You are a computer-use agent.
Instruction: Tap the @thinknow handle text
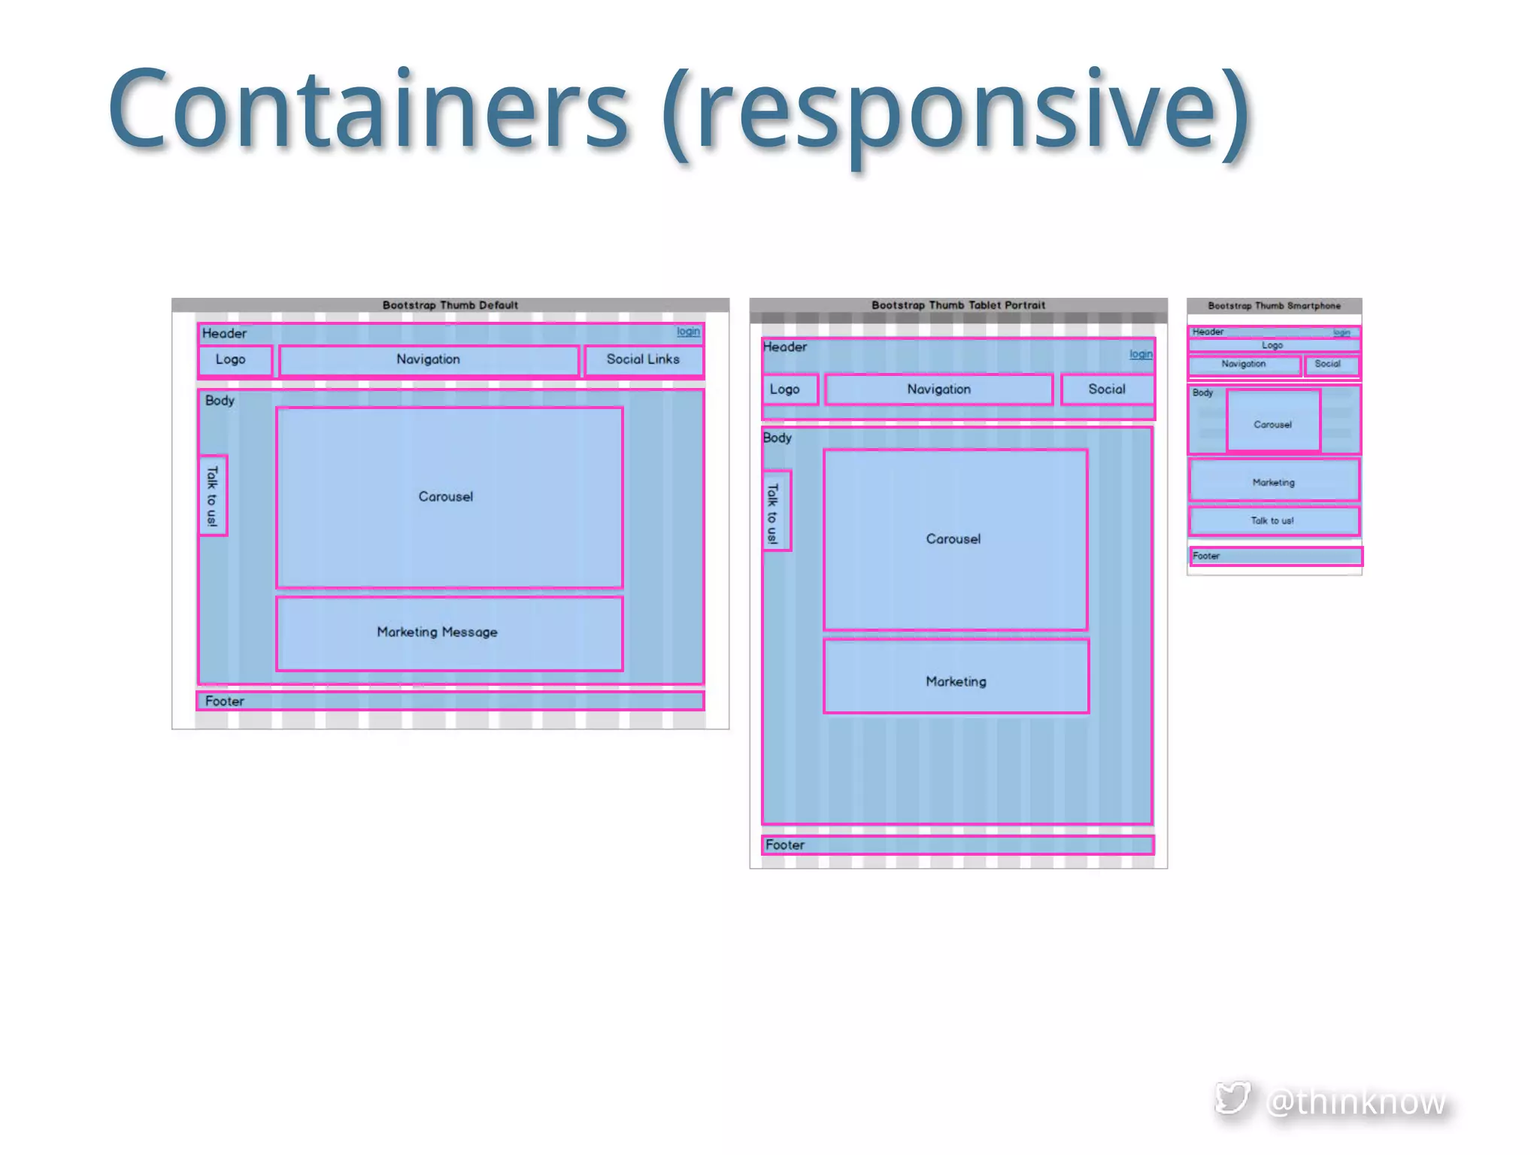click(1355, 1102)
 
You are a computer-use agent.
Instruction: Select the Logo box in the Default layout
click(235, 360)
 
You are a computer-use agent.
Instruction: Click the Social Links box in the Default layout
click(643, 360)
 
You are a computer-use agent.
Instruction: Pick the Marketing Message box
click(449, 633)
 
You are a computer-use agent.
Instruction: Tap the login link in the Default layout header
click(687, 332)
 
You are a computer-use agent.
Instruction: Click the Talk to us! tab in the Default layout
click(213, 496)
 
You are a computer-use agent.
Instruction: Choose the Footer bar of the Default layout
click(450, 701)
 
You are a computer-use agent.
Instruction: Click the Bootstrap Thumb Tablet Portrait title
click(958, 305)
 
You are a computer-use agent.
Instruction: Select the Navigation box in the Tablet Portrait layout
click(938, 390)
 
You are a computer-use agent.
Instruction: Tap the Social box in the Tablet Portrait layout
click(1107, 390)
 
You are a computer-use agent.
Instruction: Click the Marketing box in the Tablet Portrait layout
click(956, 677)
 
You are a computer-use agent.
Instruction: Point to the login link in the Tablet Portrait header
click(1140, 354)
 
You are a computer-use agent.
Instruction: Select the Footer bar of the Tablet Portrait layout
click(957, 845)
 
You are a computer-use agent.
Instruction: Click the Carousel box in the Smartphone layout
click(1273, 421)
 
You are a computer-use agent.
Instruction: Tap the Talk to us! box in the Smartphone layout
click(1273, 520)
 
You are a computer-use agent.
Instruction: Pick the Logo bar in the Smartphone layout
click(1273, 346)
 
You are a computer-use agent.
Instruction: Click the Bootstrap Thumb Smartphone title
click(1274, 306)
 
